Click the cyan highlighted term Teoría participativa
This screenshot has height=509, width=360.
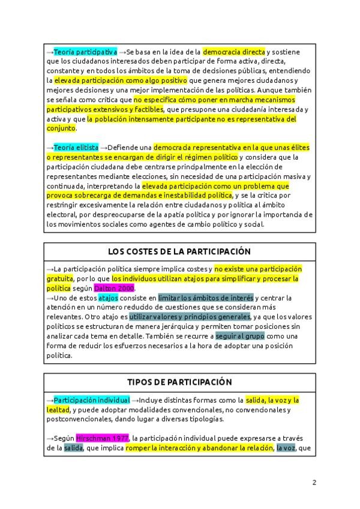pos(85,52)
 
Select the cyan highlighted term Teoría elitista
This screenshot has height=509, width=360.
pos(76,148)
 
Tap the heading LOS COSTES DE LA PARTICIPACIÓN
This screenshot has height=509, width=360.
pos(179,251)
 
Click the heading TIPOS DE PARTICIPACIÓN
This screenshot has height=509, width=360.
pos(179,382)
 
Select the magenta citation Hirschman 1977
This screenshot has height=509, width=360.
pos(102,438)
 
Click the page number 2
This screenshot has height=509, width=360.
pos(314,482)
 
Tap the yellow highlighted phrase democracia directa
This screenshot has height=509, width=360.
pos(233,52)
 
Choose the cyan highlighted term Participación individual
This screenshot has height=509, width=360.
pos(91,400)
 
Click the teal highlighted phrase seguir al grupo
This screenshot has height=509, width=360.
pos(239,336)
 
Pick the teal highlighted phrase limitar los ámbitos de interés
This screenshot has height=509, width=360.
pos(206,298)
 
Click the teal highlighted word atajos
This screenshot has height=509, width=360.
pos(108,298)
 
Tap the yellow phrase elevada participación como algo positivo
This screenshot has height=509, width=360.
pos(121,80)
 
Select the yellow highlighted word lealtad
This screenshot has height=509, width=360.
pos(58,409)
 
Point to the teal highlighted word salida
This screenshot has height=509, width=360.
pos(73,448)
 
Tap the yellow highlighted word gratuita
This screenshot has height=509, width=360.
pos(59,279)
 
